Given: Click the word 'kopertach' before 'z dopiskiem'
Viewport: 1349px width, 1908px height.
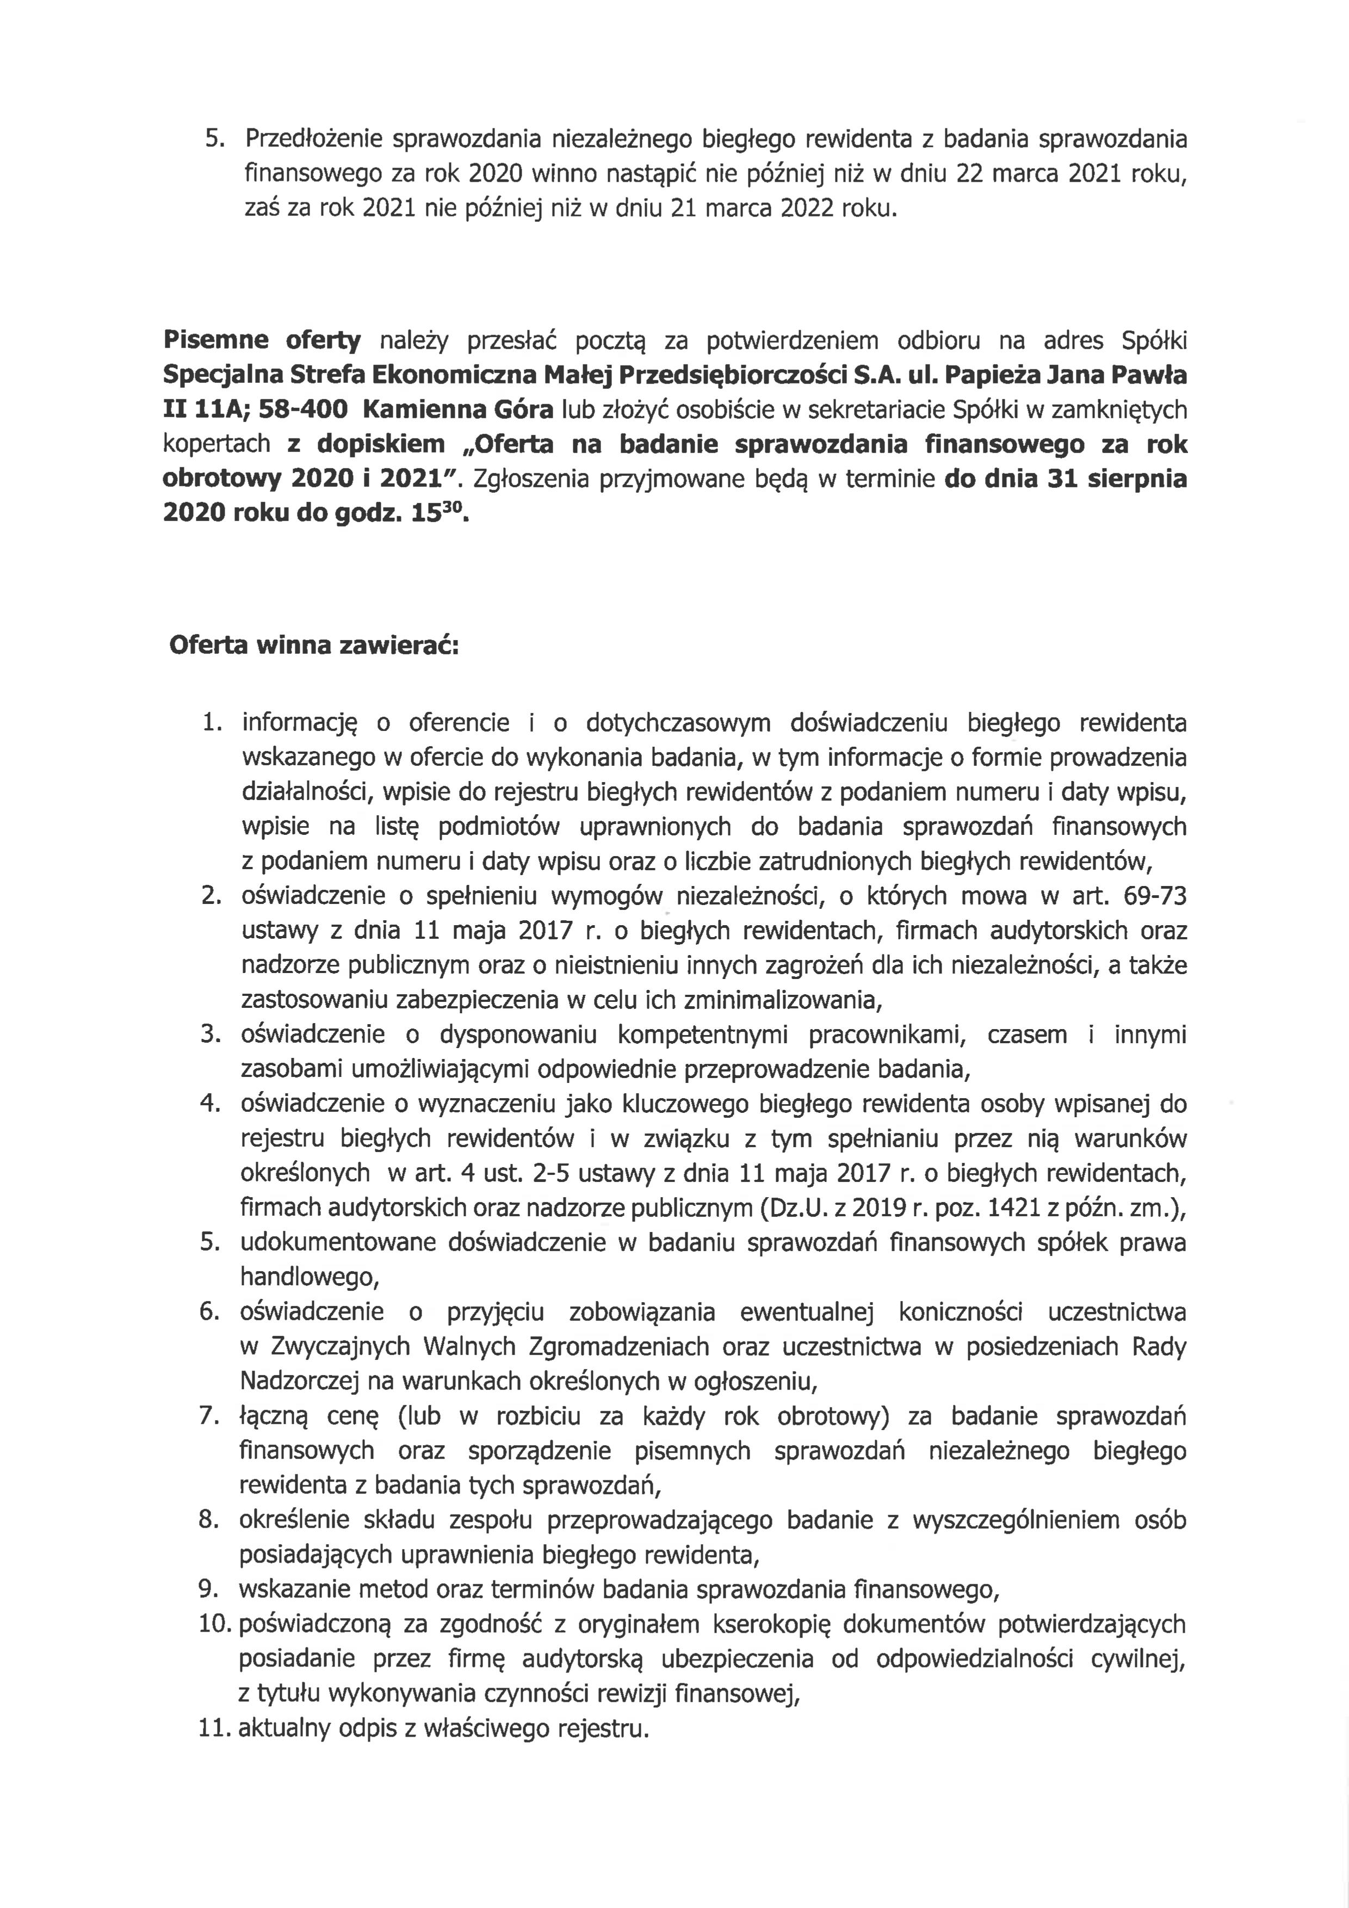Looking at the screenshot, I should pos(216,444).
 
